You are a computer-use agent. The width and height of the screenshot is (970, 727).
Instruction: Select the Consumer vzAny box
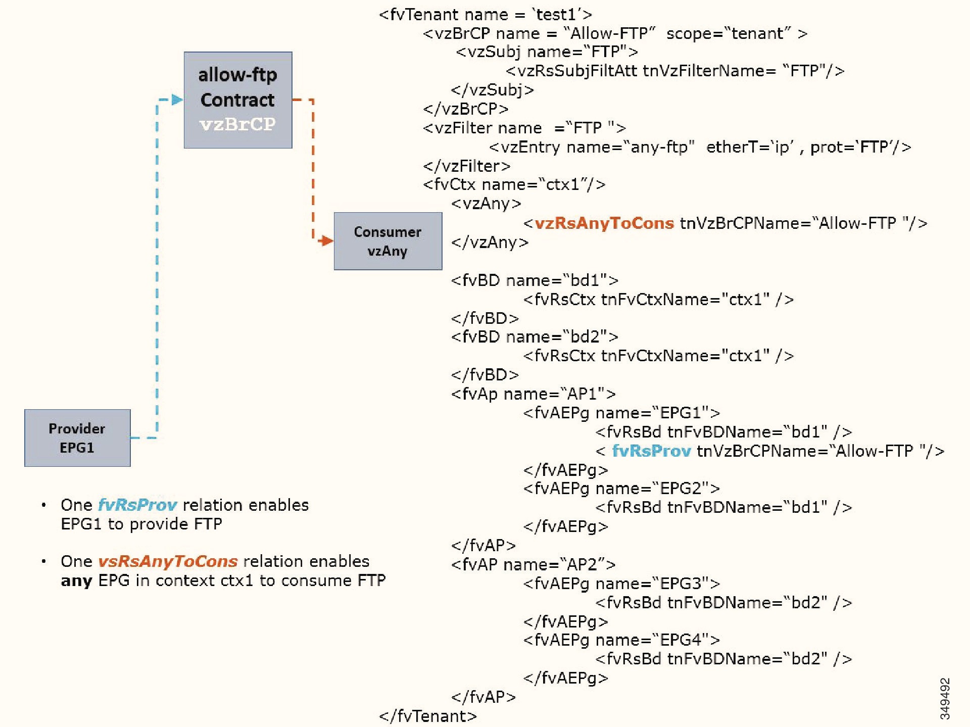(387, 241)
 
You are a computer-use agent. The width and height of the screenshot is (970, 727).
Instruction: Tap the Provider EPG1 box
(77, 438)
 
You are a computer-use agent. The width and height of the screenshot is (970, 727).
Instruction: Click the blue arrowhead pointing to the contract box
(177, 100)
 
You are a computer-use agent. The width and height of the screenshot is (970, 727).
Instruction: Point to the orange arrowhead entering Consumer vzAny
(326, 241)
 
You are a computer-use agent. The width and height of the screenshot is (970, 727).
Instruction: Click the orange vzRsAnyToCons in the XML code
(604, 223)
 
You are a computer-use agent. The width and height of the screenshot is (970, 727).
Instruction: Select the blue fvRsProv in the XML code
(651, 451)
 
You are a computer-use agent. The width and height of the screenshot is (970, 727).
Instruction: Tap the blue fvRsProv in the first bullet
(137, 505)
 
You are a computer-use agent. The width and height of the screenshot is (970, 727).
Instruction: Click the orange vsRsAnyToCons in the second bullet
(167, 561)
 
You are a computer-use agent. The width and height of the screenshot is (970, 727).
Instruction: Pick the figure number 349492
(945, 699)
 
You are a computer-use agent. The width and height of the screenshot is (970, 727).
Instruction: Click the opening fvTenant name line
(485, 14)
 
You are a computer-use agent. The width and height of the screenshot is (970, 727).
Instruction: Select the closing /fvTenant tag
(427, 716)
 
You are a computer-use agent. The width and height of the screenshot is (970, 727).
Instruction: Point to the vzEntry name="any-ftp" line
(700, 147)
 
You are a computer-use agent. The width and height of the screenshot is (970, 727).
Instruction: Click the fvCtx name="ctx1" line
(514, 184)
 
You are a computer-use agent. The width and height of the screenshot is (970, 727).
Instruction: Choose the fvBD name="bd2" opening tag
(535, 336)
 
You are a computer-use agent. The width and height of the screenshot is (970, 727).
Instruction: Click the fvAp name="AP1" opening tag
(533, 394)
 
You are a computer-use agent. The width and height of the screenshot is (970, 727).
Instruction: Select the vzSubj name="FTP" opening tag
(547, 52)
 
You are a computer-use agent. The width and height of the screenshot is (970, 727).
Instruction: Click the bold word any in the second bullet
(76, 581)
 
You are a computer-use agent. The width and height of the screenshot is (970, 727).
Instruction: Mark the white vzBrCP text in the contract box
(237, 124)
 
